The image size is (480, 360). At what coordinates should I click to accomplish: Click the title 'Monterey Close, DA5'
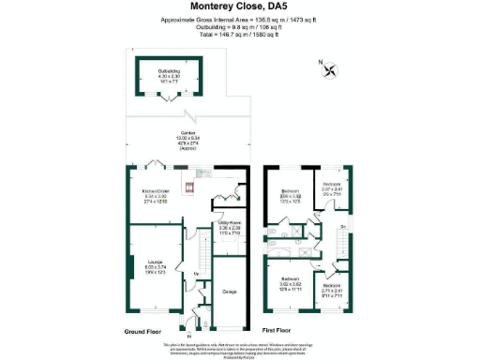click(x=239, y=7)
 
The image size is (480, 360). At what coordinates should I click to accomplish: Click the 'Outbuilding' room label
click(x=168, y=68)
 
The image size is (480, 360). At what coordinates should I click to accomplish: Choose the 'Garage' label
click(x=229, y=291)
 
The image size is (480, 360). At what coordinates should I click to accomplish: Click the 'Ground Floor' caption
click(x=144, y=331)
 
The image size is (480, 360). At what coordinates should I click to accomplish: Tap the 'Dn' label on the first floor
click(x=344, y=227)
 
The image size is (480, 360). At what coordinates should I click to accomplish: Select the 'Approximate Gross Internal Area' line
click(x=239, y=19)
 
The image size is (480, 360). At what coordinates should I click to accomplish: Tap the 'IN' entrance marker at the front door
click(x=188, y=334)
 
